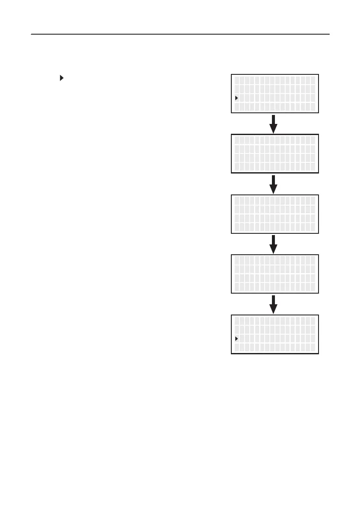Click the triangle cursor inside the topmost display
[x=236, y=98]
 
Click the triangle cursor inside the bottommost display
[x=236, y=338]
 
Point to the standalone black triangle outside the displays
[x=62, y=78]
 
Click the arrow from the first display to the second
[x=274, y=124]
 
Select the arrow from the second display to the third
[x=274, y=184]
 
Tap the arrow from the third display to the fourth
[x=274, y=244]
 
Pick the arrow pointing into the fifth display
[x=274, y=304]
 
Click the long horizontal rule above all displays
[x=180, y=34]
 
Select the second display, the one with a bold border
[x=274, y=153]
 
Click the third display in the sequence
[x=274, y=214]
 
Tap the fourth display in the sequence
[x=274, y=274]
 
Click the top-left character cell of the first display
[x=236, y=80]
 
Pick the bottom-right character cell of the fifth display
[x=313, y=347]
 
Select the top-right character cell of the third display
[x=313, y=200]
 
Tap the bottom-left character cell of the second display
[x=236, y=167]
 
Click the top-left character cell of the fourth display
[x=236, y=260]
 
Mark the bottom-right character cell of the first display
[x=313, y=107]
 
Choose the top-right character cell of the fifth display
[x=313, y=321]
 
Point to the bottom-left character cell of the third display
[x=236, y=227]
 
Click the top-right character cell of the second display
[x=313, y=140]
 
